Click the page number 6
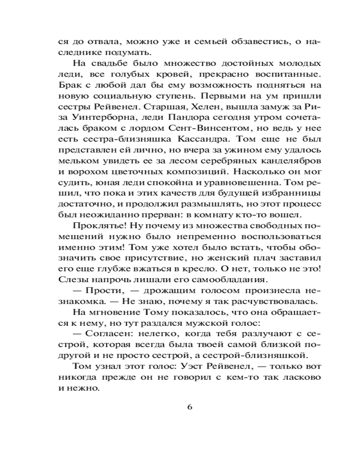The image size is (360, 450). [189, 407]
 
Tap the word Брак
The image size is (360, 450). [70, 85]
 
